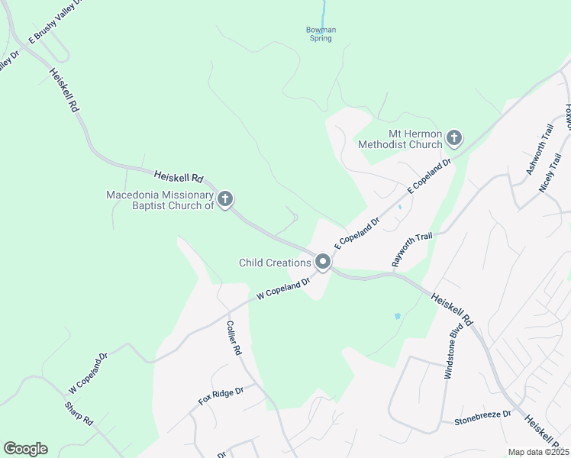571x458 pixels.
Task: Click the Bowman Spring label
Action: tap(321, 34)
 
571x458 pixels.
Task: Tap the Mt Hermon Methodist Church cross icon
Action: tap(454, 138)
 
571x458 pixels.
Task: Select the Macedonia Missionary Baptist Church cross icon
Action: tap(224, 200)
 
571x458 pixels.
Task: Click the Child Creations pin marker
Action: tap(323, 263)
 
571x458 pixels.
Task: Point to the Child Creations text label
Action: tap(275, 263)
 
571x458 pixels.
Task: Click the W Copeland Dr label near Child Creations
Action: tap(283, 288)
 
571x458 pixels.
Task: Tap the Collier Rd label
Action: tap(234, 337)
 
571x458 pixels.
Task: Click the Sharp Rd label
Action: tap(78, 413)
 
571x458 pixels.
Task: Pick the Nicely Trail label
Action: tap(550, 173)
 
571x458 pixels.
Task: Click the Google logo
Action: tap(25, 449)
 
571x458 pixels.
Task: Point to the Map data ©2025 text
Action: tap(538, 452)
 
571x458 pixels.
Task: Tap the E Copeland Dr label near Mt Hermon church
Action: tap(431, 176)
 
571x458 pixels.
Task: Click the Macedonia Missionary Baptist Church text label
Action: tap(160, 200)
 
